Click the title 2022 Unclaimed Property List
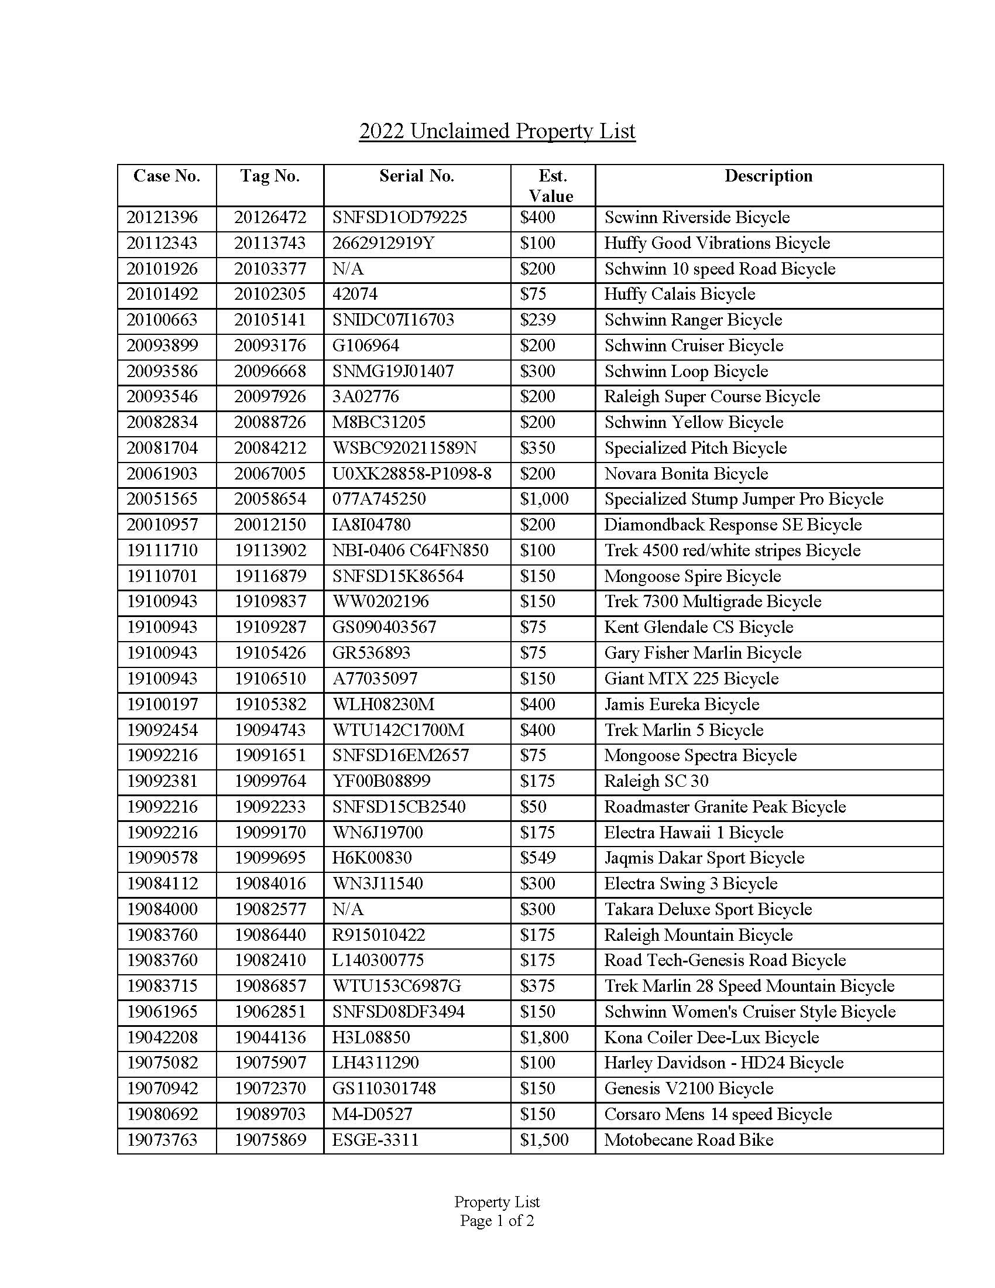[497, 131]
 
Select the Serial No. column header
[416, 176]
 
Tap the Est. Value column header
[553, 186]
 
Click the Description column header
[768, 176]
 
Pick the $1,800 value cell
[544, 1038]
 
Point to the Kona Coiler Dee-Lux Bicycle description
[711, 1038]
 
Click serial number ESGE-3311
[375, 1140]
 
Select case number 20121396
[162, 218]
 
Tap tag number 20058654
[270, 499]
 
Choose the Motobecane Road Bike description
[688, 1140]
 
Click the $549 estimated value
[537, 858]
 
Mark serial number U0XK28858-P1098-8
[411, 474]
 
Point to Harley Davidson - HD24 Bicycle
[723, 1063]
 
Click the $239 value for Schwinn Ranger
[537, 320]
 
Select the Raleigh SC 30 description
[656, 782]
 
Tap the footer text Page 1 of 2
[497, 1221]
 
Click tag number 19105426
[270, 653]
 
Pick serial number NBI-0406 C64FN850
[410, 551]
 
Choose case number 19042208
[162, 1038]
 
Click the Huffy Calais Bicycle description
[679, 294]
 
